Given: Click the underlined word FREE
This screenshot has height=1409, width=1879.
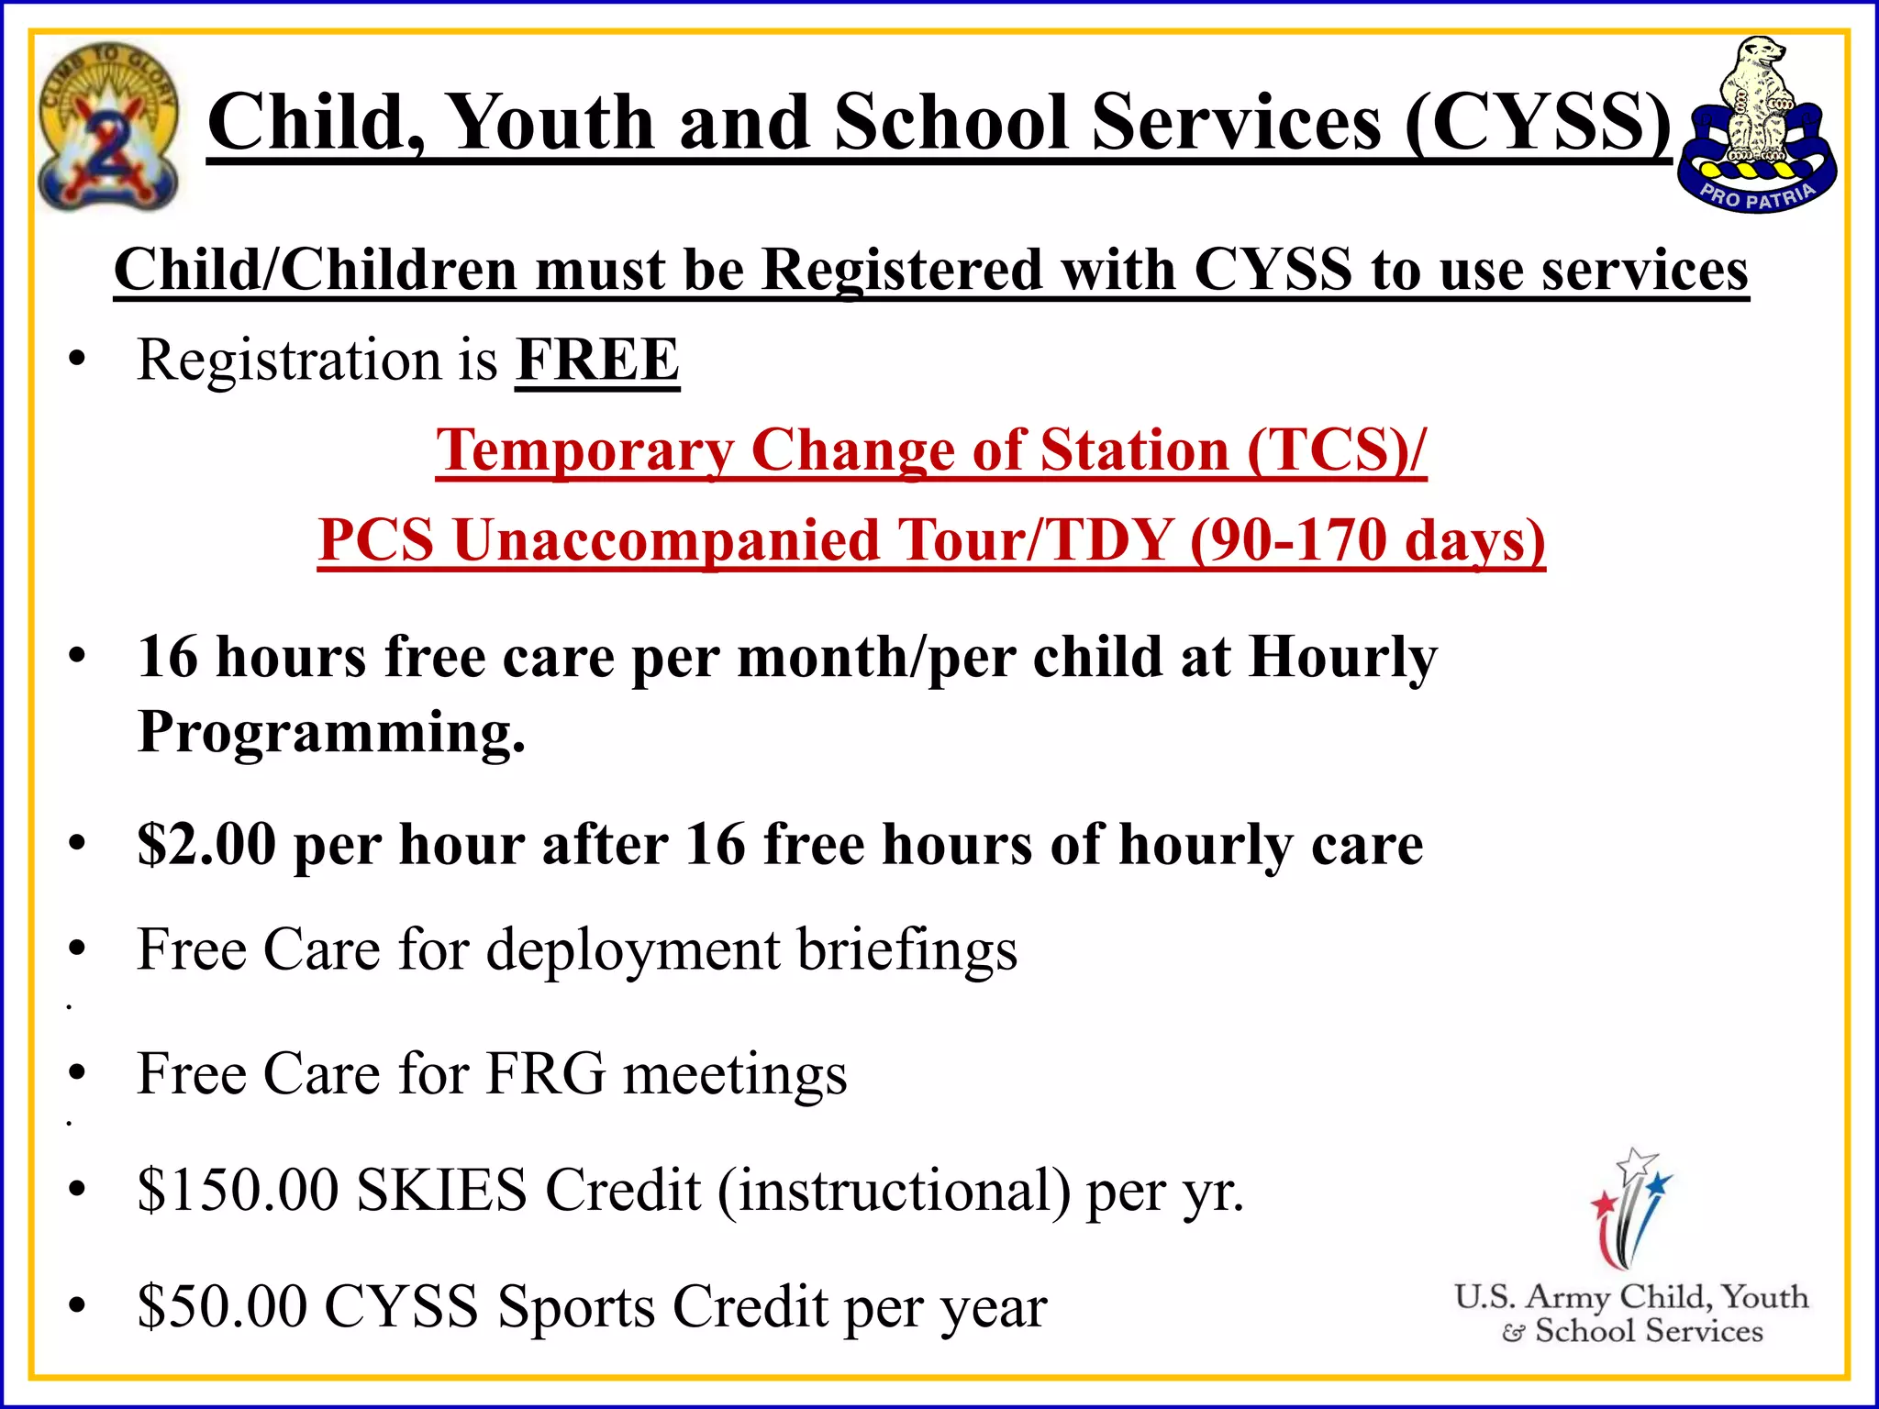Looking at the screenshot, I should tap(597, 360).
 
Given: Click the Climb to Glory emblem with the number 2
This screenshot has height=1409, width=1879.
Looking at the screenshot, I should tap(107, 127).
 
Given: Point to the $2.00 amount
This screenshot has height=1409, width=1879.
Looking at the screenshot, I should tap(206, 844).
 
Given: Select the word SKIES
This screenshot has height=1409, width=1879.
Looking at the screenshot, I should tap(441, 1190).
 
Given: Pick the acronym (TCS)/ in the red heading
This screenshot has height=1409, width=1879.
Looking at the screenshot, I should tap(1336, 450).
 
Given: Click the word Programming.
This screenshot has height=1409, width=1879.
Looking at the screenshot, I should tap(331, 733).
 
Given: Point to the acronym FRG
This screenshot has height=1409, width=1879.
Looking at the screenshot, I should tap(545, 1073).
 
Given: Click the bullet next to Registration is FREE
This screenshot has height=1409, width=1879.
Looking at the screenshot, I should tap(77, 359).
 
